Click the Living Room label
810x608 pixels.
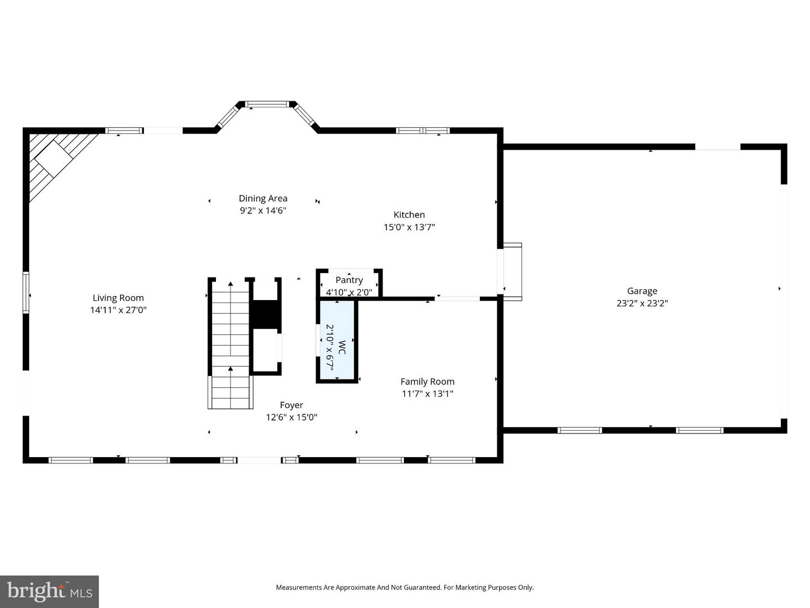coord(118,298)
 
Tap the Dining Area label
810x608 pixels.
coord(263,198)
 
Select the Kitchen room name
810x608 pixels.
coord(409,214)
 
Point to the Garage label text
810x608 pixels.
coord(642,291)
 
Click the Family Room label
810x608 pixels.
coord(427,382)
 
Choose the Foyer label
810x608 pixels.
coord(291,405)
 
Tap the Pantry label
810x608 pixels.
coord(349,280)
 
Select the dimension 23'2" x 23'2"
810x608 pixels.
coord(642,303)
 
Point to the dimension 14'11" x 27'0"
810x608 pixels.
coord(118,310)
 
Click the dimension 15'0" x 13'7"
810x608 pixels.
coord(409,227)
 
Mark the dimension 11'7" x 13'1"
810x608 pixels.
coord(427,394)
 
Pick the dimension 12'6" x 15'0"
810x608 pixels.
coord(291,418)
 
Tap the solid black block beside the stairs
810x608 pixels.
coord(265,314)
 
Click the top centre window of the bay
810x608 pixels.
coord(267,104)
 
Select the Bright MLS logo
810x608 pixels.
coord(49,591)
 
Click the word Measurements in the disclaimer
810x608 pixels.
coord(298,587)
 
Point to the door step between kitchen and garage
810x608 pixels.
coord(512,271)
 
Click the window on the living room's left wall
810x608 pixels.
coord(26,292)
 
